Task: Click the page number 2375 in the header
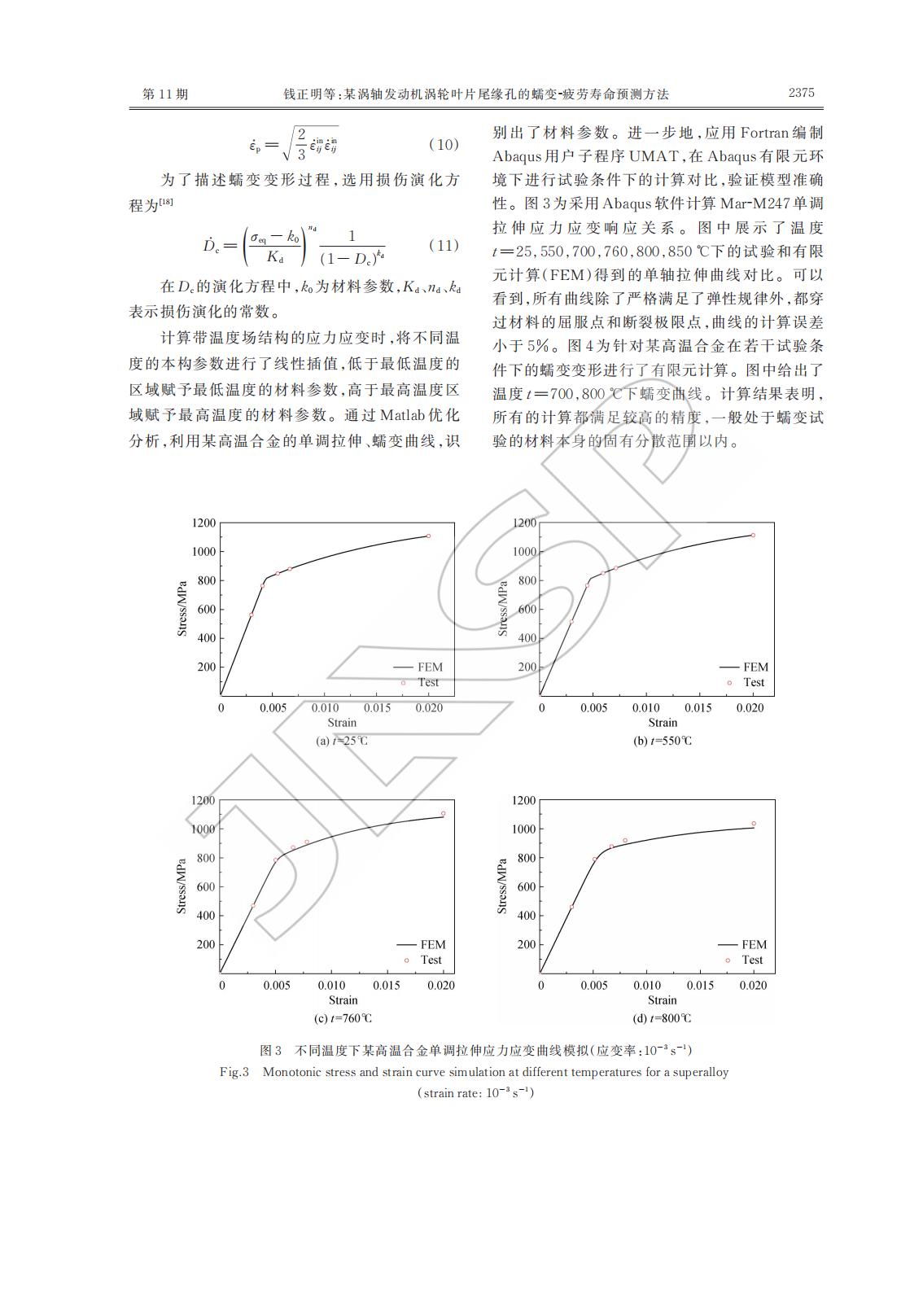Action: click(x=801, y=93)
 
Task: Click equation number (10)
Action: click(x=443, y=145)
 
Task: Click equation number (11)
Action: click(x=443, y=245)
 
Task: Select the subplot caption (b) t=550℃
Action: click(x=663, y=741)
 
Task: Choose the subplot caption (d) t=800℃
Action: click(x=663, y=1018)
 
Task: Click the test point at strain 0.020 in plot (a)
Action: click(x=428, y=536)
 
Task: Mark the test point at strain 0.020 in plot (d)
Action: click(x=754, y=824)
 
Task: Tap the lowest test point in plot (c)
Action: click(x=252, y=905)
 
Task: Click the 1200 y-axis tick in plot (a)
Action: click(x=204, y=523)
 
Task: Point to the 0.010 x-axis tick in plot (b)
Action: click(x=646, y=708)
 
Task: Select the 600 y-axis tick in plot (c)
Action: click(x=204, y=886)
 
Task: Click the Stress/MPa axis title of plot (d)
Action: click(x=502, y=886)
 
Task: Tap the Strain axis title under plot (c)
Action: click(x=343, y=1000)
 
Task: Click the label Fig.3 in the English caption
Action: click(x=234, y=1072)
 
